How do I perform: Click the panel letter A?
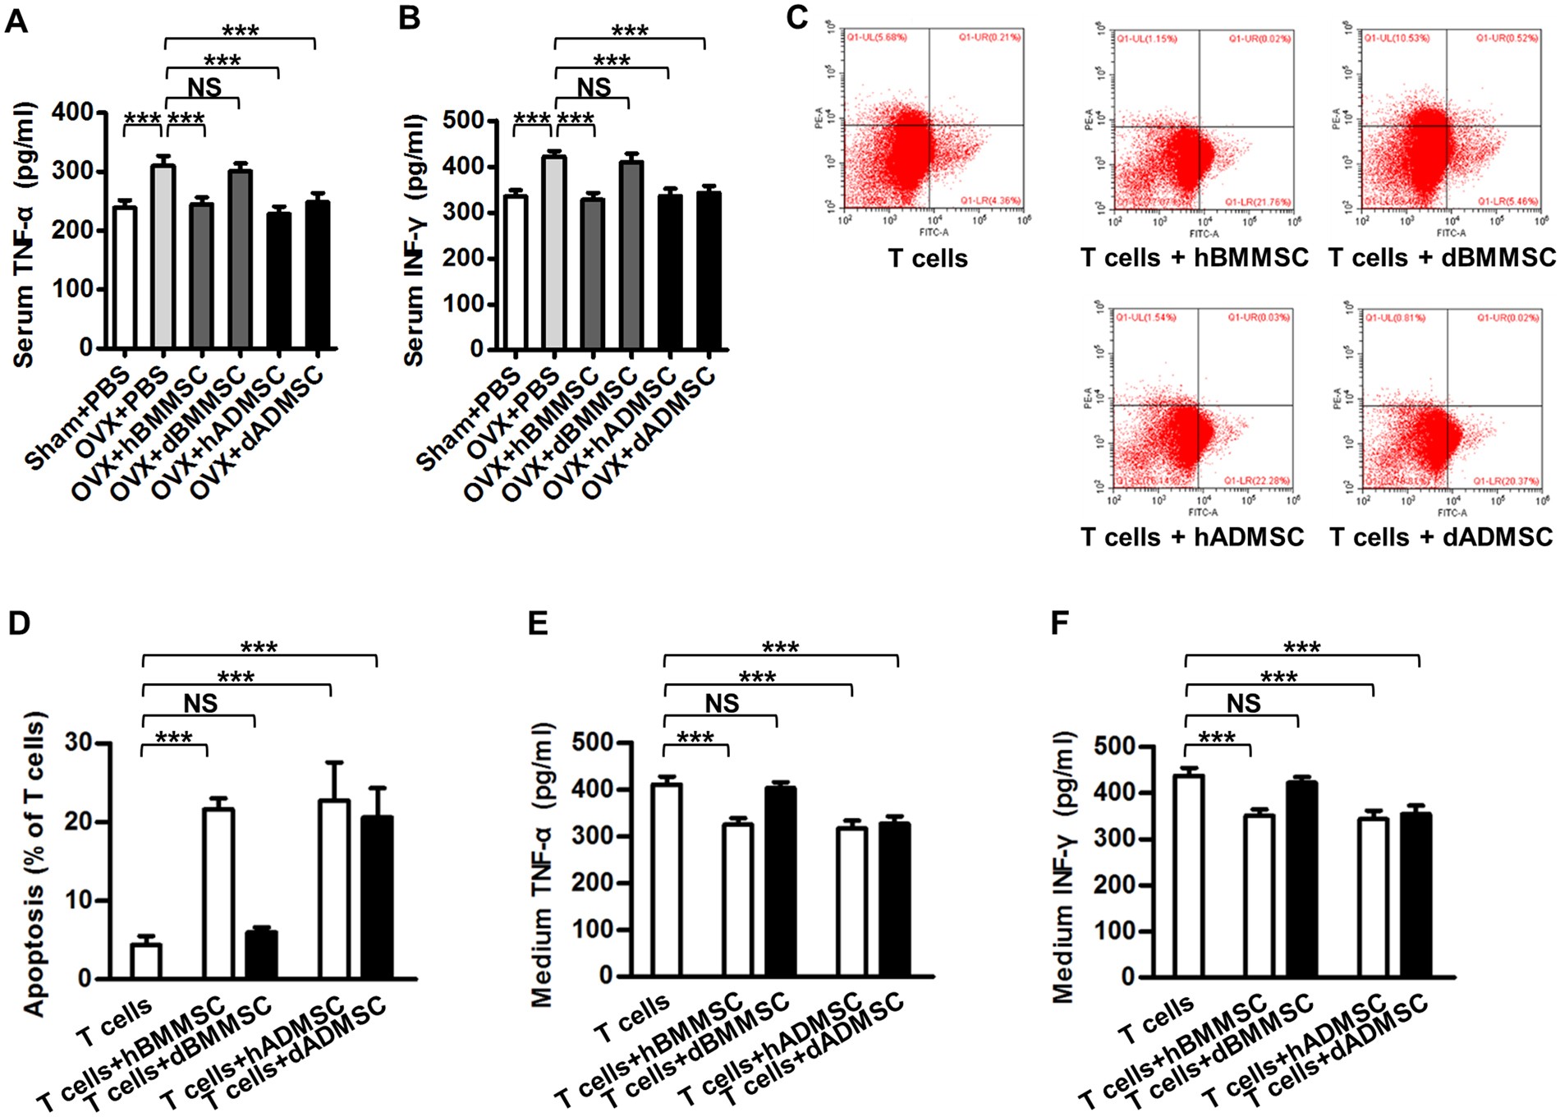tap(16, 20)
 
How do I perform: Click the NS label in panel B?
tap(594, 88)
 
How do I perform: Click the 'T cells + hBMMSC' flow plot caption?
tap(1194, 258)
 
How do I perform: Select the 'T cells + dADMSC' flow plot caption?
tap(1441, 537)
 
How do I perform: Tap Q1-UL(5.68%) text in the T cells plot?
tap(877, 37)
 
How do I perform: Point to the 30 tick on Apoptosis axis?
tap(79, 743)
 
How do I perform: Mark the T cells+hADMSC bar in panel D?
tap(333, 889)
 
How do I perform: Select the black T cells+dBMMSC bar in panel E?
tap(780, 881)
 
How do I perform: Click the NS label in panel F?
tap(1243, 703)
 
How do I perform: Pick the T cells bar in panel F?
tap(1187, 876)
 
